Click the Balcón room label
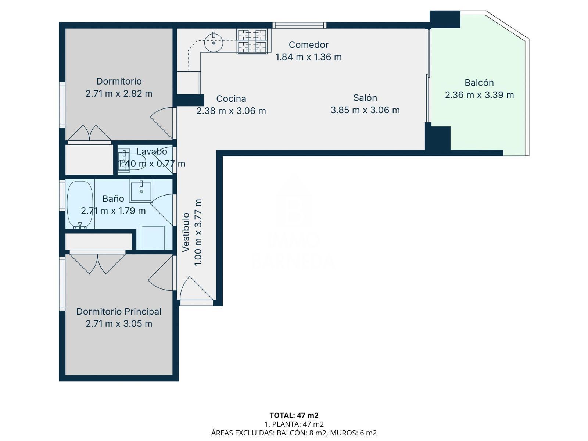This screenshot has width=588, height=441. pos(479,83)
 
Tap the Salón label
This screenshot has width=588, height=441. pos(365,98)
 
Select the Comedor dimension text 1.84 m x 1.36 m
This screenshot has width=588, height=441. pos(309,57)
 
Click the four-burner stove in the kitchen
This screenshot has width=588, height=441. pos(252,41)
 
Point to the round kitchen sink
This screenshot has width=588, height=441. pos(214,43)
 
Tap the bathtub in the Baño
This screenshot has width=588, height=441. pos(80,205)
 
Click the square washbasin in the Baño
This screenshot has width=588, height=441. pos(141,191)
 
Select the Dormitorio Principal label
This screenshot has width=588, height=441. pos(119,311)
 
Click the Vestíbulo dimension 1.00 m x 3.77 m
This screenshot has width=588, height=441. pos(197,232)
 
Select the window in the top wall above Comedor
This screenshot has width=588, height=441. pos(300,25)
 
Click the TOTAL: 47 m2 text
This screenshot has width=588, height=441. pos(294,415)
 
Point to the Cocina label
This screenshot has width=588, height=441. pos(231,99)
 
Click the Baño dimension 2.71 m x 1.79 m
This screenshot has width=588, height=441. pos(113,211)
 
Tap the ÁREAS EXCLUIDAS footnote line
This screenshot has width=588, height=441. pos(294,433)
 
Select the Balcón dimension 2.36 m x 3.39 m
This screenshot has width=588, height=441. pos(479,95)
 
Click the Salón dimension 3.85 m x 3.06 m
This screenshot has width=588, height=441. pos(365,110)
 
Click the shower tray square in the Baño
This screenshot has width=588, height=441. pos(153,238)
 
